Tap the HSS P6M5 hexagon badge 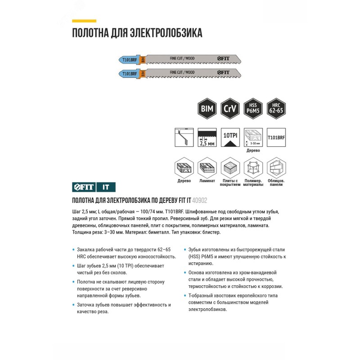252,109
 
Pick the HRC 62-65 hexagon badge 275,109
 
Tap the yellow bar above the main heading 84,21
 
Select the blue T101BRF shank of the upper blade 127,58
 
